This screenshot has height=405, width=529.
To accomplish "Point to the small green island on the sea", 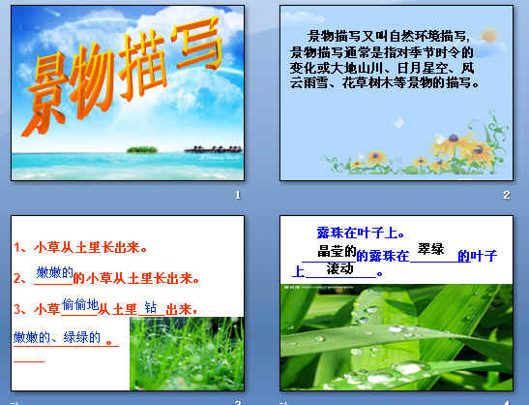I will click(x=141, y=149).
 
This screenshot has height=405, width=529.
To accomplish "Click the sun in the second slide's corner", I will click(x=487, y=34).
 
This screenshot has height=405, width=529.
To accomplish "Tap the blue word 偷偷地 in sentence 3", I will click(x=79, y=304).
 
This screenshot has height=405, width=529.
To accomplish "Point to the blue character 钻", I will click(x=150, y=307).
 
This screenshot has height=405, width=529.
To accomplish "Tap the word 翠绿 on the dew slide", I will click(x=430, y=250).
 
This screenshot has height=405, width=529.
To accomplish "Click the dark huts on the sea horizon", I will click(x=206, y=149).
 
